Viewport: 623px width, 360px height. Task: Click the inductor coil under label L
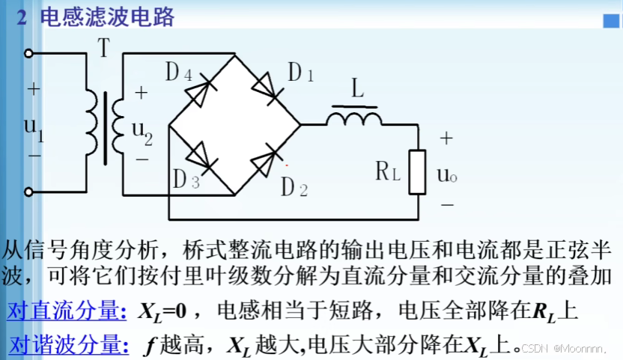(x=353, y=118)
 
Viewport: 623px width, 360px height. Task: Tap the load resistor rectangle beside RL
(x=416, y=171)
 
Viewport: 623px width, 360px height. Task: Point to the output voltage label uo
(x=446, y=174)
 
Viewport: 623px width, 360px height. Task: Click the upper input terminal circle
(x=29, y=53)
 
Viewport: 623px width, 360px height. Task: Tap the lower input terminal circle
(x=29, y=192)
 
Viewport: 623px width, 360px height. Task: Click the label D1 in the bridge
(x=301, y=73)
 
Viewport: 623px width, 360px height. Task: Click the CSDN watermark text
(x=574, y=349)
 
